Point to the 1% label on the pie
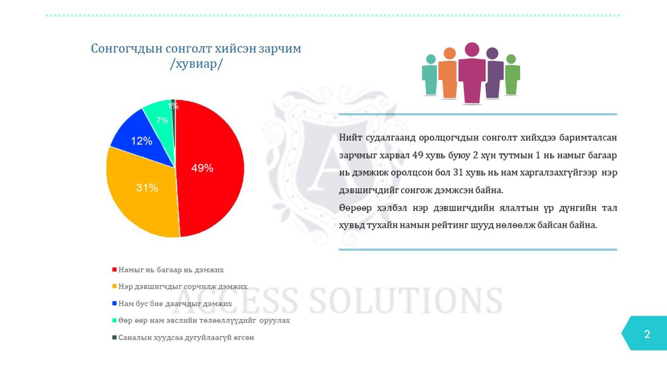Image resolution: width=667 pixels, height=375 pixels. point(173,106)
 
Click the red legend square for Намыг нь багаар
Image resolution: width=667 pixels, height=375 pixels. point(114,270)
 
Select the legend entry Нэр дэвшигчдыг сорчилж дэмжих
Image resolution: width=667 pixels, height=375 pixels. point(180,287)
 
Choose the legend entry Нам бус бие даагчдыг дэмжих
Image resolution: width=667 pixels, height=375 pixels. point(172,304)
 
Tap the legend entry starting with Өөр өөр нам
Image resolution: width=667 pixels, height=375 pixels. point(201,320)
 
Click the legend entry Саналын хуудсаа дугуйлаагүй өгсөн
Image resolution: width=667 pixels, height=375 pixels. point(183,337)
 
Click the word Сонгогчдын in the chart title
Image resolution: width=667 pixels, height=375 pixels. point(126,49)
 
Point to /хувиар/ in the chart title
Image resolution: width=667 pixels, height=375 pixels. point(196,64)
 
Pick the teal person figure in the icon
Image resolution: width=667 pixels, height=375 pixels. point(430,76)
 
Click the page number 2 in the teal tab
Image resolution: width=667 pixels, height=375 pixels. point(647,334)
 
